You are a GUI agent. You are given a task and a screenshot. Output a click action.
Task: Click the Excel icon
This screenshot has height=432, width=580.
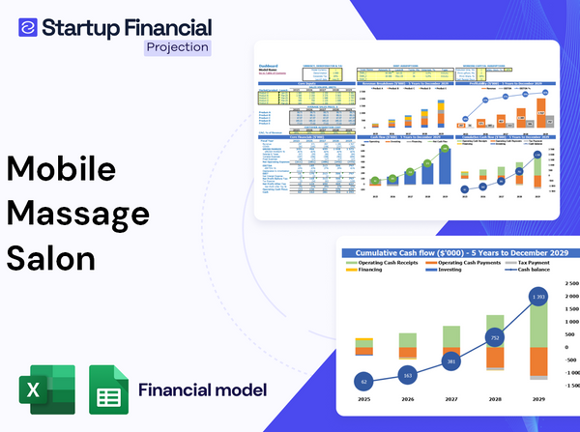point(44,390)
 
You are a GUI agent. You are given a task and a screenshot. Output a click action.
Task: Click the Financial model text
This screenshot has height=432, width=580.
point(202,390)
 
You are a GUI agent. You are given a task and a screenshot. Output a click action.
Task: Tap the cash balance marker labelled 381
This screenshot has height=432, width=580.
point(449,361)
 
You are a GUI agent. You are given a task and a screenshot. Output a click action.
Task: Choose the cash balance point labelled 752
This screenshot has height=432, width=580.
point(494,338)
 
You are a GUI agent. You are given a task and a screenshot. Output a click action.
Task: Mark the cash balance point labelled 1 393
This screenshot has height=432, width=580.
point(538,295)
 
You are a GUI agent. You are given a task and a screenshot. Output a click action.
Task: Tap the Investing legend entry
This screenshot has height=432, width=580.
point(450,271)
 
